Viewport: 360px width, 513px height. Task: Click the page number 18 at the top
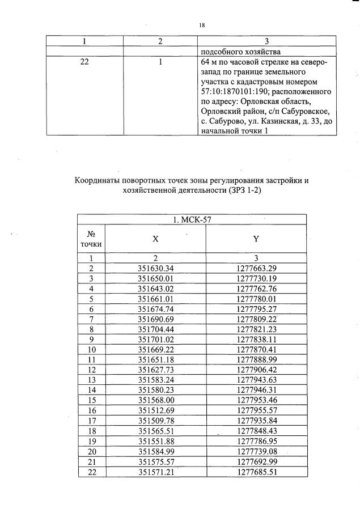point(202,25)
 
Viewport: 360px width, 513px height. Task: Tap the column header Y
point(256,240)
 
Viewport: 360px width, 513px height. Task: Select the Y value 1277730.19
point(256,278)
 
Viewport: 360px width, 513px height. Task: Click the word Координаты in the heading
point(100,181)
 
